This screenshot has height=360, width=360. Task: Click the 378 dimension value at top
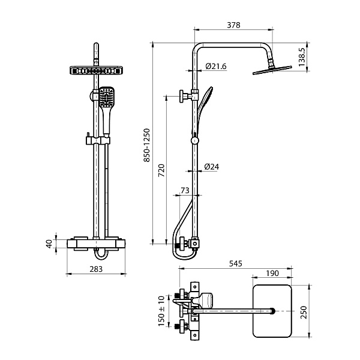(x=233, y=25)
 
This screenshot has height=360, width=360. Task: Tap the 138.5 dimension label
(x=302, y=57)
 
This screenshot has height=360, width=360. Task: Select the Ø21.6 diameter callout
(x=216, y=67)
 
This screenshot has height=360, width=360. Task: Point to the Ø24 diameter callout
(x=211, y=167)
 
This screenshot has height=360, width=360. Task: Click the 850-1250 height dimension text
(x=147, y=145)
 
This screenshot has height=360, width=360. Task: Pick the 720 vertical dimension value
(x=161, y=170)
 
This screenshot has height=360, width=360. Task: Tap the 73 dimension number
(x=185, y=190)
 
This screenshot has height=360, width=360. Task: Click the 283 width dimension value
(x=96, y=269)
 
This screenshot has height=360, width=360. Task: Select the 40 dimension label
(x=49, y=244)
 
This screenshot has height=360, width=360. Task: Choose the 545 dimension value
(x=236, y=263)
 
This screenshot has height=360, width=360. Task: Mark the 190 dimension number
(x=272, y=273)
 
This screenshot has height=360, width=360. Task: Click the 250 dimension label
(x=304, y=312)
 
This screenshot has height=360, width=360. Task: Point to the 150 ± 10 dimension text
(x=161, y=311)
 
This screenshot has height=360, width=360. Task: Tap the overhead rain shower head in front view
(x=96, y=70)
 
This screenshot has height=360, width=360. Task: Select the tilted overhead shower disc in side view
(x=272, y=70)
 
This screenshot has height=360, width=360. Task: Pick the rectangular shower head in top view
(x=272, y=311)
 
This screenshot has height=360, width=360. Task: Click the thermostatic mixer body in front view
(x=96, y=244)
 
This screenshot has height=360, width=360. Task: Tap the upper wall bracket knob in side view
(x=183, y=96)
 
